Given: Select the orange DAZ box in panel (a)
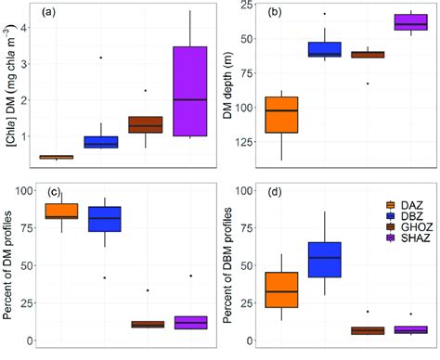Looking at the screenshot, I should pos(56,157).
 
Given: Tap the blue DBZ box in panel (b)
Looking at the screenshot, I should pos(324,50).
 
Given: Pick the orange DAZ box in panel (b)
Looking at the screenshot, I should pos(280,114).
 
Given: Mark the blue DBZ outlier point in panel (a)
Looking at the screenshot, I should pos(100,58).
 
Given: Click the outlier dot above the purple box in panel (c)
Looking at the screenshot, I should pos(191,276).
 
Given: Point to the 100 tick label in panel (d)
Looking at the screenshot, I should pos(243,190).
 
